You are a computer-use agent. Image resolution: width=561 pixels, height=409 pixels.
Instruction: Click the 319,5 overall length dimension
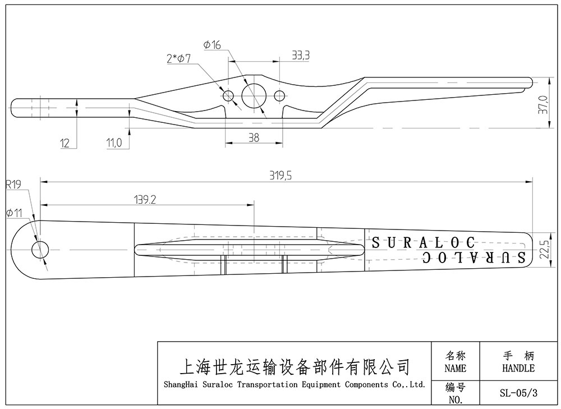coord(281,176)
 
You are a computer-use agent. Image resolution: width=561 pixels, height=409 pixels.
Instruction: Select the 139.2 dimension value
coord(145,199)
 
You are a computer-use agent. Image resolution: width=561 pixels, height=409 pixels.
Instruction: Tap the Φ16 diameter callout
coord(213,45)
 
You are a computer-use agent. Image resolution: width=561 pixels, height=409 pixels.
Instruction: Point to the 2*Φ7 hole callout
coord(180,58)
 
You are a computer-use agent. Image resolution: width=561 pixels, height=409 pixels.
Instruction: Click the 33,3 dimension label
coord(301,55)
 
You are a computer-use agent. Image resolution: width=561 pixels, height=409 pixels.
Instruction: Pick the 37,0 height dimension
coord(542,105)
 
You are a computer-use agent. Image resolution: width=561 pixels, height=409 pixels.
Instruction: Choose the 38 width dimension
coord(253,137)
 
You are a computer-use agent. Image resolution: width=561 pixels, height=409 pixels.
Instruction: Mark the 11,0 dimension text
coord(114,143)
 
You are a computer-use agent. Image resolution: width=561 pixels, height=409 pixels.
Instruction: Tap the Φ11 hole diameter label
coord(13,213)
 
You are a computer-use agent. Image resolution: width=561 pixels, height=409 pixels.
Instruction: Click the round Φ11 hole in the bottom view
coord(40,250)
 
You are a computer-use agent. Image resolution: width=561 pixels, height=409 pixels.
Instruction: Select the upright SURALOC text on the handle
coord(424,243)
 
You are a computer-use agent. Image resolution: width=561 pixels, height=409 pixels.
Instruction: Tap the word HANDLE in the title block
coord(518,369)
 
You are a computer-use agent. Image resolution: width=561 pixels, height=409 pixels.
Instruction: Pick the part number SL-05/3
coord(518,393)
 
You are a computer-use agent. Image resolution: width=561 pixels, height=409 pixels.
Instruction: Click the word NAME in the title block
coord(455,369)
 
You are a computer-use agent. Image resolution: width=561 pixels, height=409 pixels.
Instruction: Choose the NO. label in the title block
coord(455,400)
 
